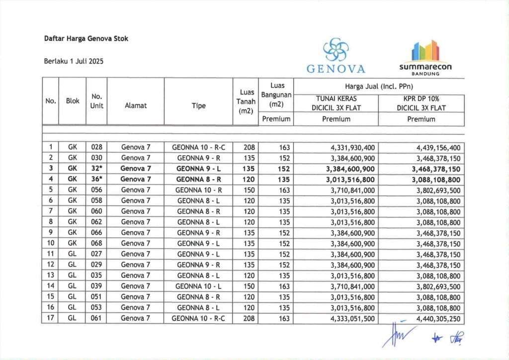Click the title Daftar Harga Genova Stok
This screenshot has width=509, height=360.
tap(86, 39)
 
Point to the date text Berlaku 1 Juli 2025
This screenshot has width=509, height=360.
tap(74, 62)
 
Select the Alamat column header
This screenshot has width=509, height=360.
tap(135, 105)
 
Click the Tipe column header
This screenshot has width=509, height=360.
tap(198, 105)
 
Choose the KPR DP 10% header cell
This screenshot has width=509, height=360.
tap(421, 103)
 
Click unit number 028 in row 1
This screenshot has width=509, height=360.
tap(96, 147)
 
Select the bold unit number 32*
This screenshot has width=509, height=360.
tap(96, 169)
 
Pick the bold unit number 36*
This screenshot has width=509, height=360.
tap(96, 179)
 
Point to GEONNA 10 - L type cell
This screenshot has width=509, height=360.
tap(198, 286)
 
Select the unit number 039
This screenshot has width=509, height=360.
tap(96, 286)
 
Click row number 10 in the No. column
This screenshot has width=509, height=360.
tap(51, 243)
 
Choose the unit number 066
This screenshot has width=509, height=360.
tap(96, 233)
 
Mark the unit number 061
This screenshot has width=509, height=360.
tap(96, 318)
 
